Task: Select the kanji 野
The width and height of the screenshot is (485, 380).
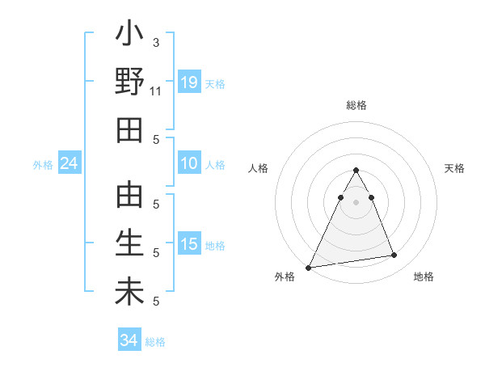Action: (129, 82)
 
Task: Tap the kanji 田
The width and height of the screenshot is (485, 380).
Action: (129, 129)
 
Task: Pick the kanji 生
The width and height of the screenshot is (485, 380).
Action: (129, 244)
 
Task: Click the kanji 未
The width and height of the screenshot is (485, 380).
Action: (129, 292)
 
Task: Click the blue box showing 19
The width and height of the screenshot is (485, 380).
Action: (189, 82)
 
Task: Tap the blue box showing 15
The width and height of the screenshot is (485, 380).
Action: (189, 244)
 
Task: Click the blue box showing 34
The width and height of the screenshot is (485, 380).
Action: (129, 340)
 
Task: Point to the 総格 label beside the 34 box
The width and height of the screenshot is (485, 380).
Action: (155, 342)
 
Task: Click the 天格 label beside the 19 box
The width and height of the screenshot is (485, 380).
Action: (215, 84)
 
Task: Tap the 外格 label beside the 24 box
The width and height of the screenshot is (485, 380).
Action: (43, 165)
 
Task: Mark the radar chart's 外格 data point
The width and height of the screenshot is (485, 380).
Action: (309, 267)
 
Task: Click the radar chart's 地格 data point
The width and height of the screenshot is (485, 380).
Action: (394, 255)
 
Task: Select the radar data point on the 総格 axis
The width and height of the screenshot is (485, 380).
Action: (356, 171)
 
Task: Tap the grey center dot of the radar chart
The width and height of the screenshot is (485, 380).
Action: (356, 202)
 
